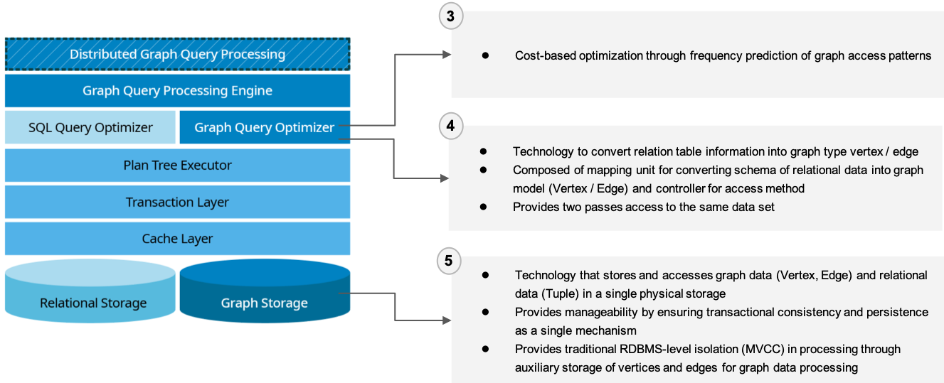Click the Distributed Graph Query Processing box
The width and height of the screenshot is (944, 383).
tap(177, 54)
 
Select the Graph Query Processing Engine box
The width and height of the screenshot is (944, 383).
tap(177, 91)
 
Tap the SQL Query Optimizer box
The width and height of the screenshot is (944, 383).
tap(90, 128)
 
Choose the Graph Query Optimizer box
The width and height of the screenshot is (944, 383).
tap(264, 128)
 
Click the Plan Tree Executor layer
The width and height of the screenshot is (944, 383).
tap(177, 165)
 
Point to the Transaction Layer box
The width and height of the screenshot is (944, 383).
tap(177, 202)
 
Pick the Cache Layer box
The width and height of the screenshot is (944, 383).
tap(177, 239)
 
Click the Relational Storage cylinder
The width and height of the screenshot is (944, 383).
tap(92, 298)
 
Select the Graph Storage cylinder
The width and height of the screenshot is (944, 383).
tap(264, 298)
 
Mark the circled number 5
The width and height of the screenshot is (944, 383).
tap(448, 261)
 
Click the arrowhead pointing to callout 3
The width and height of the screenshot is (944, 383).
tap(447, 55)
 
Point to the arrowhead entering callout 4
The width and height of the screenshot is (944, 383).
tap(444, 178)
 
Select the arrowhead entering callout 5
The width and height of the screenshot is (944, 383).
tap(447, 320)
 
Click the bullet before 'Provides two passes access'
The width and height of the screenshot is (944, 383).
tap(483, 207)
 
